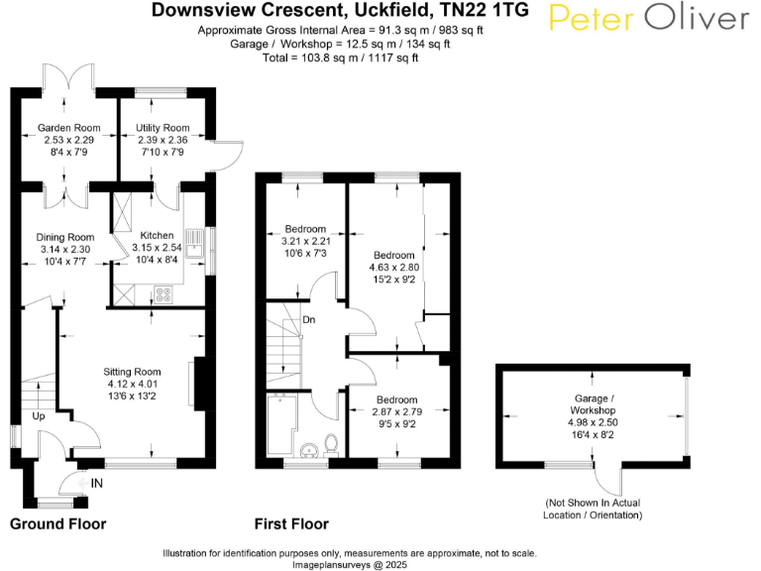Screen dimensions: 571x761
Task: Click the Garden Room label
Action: [69, 128]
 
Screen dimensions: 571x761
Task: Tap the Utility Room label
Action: [163, 128]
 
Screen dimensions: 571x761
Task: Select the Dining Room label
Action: [64, 237]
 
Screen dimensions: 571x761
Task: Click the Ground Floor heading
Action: [57, 523]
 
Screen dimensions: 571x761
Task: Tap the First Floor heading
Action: [291, 523]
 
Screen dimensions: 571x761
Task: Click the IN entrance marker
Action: [96, 483]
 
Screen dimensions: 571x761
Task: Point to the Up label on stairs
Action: [39, 416]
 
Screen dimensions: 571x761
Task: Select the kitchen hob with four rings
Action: [162, 293]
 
